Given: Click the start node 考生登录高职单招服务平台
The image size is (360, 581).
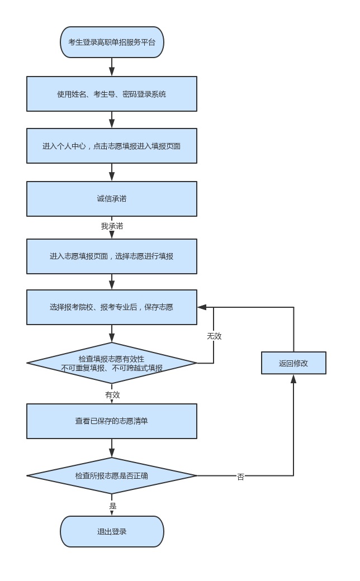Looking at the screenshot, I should pos(112,42).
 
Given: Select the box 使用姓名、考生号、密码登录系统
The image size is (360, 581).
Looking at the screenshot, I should pos(112,94).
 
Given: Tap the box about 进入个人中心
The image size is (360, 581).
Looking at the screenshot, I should pos(112,146).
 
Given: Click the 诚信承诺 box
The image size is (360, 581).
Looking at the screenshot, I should pos(112,198).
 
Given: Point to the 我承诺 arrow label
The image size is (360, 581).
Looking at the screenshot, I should pos(112,226).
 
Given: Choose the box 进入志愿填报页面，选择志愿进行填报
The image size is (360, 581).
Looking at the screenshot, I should pos(112,256).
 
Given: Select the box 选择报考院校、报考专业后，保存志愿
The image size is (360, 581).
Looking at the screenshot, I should pos(112,307).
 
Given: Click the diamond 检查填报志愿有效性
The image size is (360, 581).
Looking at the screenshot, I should pos(112,363).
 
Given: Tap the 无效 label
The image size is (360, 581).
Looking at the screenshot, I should pos(214,336).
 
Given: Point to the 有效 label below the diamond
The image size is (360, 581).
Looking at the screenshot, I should pos(112,395).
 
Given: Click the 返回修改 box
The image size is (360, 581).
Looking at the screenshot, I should pos(293,363).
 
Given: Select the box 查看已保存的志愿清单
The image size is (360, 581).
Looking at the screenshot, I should pos(112,421).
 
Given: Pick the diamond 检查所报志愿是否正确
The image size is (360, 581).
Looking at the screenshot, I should pos(112,476).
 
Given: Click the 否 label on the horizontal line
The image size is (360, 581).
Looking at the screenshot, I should pos(240,477).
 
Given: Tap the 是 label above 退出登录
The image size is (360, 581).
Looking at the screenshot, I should pos(112,506).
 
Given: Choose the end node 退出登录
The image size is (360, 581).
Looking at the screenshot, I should pos(112,531).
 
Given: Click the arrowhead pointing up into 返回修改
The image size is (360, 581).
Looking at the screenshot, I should pos(293,379).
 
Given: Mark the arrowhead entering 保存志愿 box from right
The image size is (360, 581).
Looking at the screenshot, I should pos(202,307).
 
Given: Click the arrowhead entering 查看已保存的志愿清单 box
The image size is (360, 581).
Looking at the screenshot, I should pos(112,399).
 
